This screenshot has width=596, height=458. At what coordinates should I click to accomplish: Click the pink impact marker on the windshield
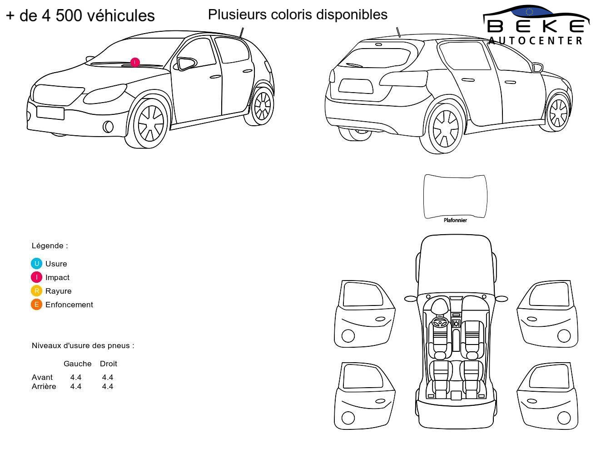[134, 63]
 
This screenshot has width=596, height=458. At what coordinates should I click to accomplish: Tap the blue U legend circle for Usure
[36, 264]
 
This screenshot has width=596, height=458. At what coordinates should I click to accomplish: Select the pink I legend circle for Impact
[36, 277]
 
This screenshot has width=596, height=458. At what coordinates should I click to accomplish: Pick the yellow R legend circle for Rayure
[36, 291]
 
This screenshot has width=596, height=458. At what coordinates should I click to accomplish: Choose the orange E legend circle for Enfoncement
[36, 305]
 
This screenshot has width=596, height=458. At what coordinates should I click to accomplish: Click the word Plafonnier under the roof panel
[455, 220]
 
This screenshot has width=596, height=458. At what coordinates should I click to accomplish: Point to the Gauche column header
[77, 364]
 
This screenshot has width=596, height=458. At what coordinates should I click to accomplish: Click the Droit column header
[108, 364]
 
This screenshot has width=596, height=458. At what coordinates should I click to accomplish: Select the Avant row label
[42, 378]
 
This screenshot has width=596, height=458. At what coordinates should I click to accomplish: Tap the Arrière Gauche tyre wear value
[76, 386]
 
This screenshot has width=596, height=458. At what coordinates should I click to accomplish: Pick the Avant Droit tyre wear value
[108, 378]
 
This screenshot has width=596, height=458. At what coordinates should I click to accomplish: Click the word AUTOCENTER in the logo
[535, 40]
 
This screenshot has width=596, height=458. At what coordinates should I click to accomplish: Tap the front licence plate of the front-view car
[50, 113]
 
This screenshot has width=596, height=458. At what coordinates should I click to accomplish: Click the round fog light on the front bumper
[108, 126]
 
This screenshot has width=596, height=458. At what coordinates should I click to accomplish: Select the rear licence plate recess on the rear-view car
[356, 86]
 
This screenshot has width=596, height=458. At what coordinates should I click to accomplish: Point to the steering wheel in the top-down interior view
[440, 322]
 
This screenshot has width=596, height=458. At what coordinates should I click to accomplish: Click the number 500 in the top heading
[69, 15]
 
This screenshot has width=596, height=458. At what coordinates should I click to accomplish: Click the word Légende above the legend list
[47, 246]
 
